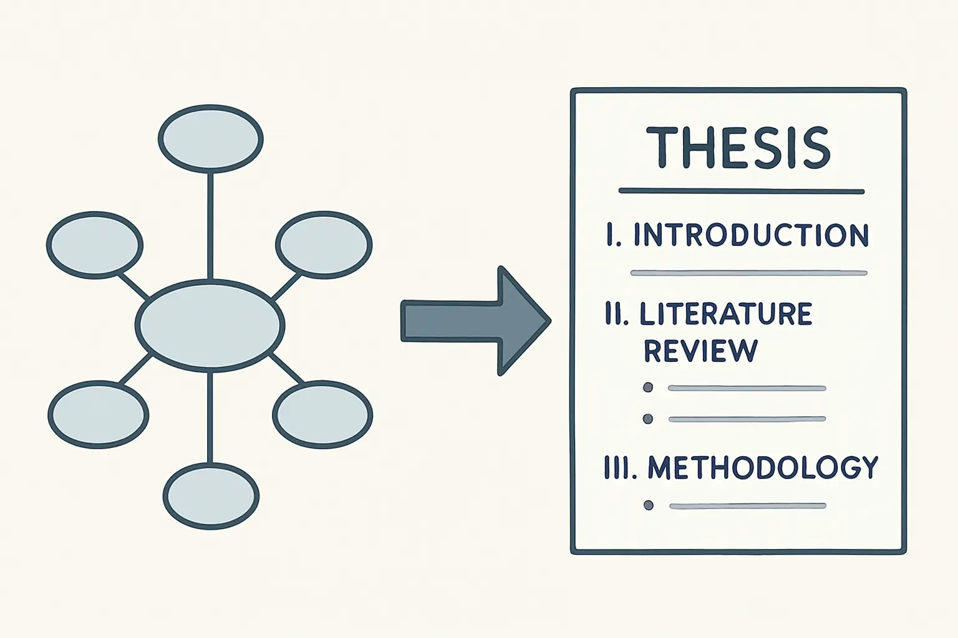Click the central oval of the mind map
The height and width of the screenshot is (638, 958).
(210, 325)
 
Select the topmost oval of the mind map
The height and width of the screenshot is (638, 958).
(211, 139)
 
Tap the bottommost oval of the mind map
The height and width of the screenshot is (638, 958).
(211, 496)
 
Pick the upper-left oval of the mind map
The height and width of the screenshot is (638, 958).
(95, 245)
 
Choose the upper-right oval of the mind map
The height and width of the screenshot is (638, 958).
(324, 245)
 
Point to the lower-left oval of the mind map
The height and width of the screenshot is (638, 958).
(99, 414)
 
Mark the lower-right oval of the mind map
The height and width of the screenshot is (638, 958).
(322, 414)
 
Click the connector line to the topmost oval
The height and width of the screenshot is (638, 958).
(210, 227)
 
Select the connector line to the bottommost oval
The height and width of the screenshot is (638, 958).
(210, 417)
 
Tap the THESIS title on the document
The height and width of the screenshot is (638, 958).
(738, 147)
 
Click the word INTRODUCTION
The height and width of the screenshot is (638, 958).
(751, 235)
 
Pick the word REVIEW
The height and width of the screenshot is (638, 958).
(700, 351)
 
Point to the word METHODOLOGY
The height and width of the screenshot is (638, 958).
(763, 467)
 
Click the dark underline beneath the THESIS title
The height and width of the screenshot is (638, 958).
(742, 191)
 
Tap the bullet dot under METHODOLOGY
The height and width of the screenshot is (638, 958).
(649, 505)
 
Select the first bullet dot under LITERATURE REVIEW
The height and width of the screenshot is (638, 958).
(648, 388)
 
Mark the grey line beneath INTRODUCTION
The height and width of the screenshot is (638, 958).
(749, 273)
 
